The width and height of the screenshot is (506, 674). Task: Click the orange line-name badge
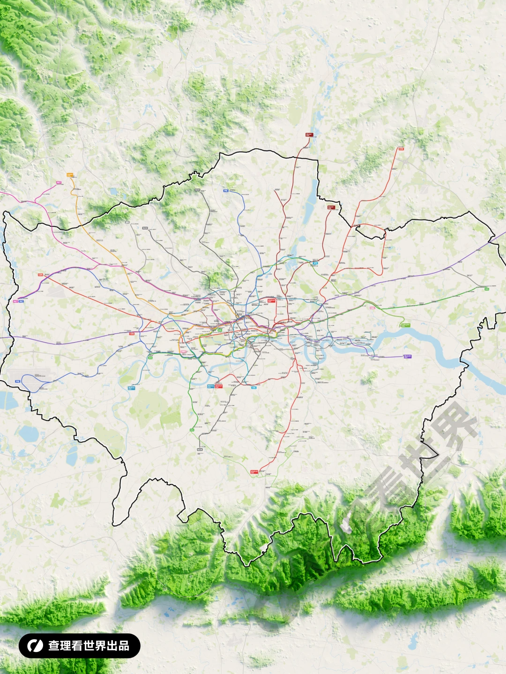pos(70,175)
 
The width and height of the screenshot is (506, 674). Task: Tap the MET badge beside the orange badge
pos(59,183)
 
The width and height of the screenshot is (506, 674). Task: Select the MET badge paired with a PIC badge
pos(15,301)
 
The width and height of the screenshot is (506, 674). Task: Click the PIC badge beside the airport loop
pos(18,381)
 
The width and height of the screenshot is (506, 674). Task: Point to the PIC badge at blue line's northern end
pos(225,190)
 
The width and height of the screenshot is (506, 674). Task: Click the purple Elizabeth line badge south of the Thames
pos(407,356)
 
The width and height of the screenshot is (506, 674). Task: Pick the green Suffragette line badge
pos(405,325)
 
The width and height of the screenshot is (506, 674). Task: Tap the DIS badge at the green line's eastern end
pos(487,289)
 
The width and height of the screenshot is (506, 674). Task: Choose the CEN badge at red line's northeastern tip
pos(401,149)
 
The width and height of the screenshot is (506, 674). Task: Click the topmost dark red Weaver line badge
pos(309,135)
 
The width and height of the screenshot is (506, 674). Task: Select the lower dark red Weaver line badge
pos(331,207)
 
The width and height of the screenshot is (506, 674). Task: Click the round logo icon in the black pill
pos(35,645)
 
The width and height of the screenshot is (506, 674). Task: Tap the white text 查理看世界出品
pos(89,645)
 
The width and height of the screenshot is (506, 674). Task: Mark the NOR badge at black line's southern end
pos(200,449)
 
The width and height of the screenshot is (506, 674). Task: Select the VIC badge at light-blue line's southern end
pos(254,388)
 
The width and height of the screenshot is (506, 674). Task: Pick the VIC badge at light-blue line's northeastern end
pos(315,263)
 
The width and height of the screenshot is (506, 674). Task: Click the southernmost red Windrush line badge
pos(254,472)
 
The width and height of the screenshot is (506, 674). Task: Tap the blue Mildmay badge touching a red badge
pos(211,386)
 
